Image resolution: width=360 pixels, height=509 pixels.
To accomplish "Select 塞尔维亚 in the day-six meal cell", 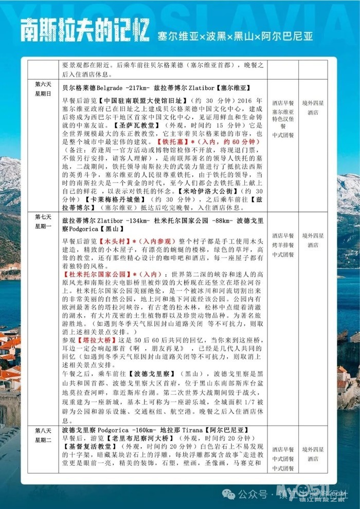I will pyautogui.click(x=283, y=112).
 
